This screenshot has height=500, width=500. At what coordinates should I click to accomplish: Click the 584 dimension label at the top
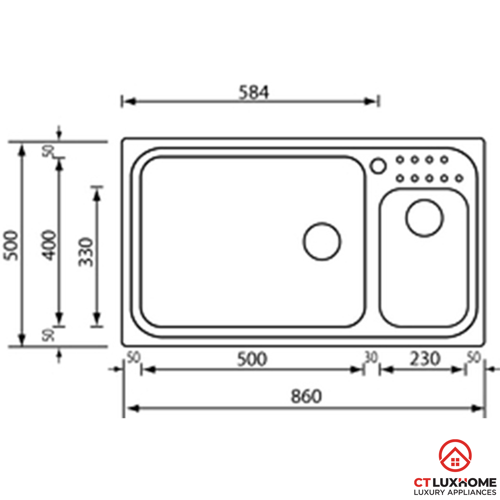pyautogui.click(x=253, y=92)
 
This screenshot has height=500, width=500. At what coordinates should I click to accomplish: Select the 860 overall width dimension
pyautogui.click(x=306, y=396)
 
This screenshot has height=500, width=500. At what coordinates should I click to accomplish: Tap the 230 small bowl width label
pyautogui.click(x=425, y=359)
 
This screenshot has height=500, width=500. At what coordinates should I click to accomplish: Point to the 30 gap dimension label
pyautogui.click(x=371, y=358)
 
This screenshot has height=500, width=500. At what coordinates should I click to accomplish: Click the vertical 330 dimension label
pyautogui.click(x=86, y=252)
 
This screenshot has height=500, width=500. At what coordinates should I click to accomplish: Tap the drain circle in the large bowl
pyautogui.click(x=322, y=241)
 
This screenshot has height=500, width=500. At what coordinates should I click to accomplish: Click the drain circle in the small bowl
pyautogui.click(x=424, y=218)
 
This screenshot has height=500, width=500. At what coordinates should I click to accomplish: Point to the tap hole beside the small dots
pyautogui.click(x=378, y=166)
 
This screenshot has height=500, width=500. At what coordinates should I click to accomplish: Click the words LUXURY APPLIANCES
pyautogui.click(x=455, y=492)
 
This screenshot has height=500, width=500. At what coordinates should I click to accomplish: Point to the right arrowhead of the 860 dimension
pyautogui.click(x=477, y=409)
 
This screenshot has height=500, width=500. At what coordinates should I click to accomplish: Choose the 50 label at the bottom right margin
pyautogui.click(x=473, y=358)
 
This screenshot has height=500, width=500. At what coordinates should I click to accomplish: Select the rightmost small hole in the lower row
pyautogui.click(x=459, y=178)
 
